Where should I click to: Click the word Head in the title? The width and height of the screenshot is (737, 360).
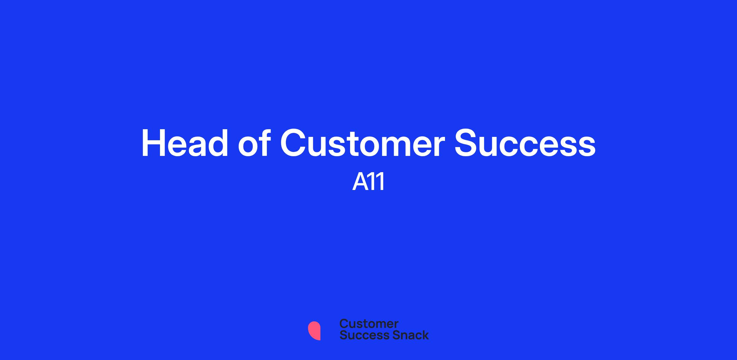tap(185, 143)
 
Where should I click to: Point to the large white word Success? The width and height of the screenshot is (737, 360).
tap(525, 143)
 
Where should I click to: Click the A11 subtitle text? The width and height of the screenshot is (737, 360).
tap(368, 182)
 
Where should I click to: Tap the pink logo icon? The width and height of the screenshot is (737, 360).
tap(314, 331)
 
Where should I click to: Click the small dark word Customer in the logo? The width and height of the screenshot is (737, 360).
tap(369, 324)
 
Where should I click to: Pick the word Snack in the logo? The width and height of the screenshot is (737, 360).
tap(406, 335)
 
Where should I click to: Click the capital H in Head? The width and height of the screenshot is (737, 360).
tap(153, 143)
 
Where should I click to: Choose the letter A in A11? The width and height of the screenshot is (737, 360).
tap(361, 182)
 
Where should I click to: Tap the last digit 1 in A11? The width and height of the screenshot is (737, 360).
tap(381, 182)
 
